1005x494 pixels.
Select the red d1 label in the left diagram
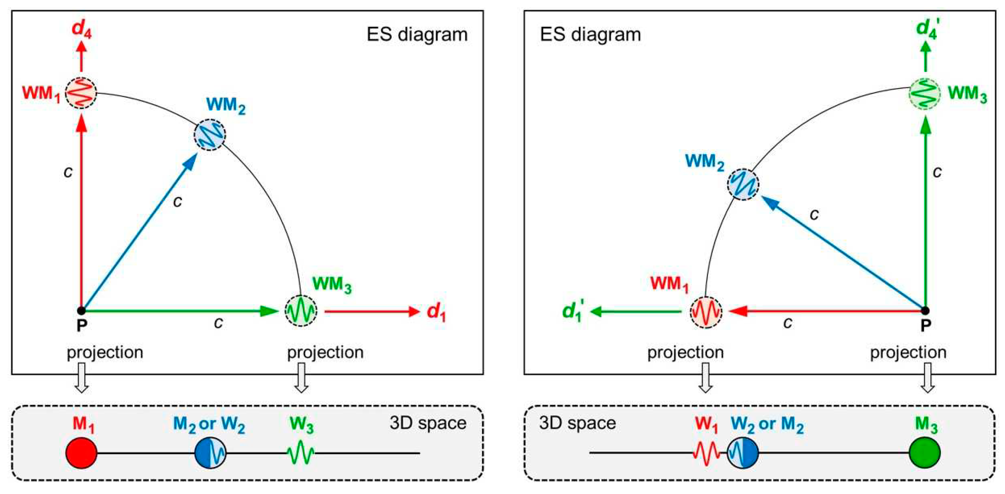pyautogui.click(x=436, y=312)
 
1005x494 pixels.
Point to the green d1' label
pyautogui.click(x=573, y=312)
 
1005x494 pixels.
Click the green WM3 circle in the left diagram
pyautogui.click(x=301, y=311)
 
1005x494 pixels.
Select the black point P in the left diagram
pyautogui.click(x=81, y=311)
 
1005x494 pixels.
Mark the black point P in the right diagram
pyautogui.click(x=925, y=311)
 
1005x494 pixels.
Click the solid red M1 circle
pyautogui.click(x=81, y=453)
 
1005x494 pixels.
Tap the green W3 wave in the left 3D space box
pyautogui.click(x=301, y=453)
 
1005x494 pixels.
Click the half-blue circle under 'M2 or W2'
pyautogui.click(x=210, y=453)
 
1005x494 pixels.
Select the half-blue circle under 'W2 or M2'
pyautogui.click(x=743, y=453)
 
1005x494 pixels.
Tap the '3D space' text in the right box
pyautogui.click(x=577, y=423)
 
